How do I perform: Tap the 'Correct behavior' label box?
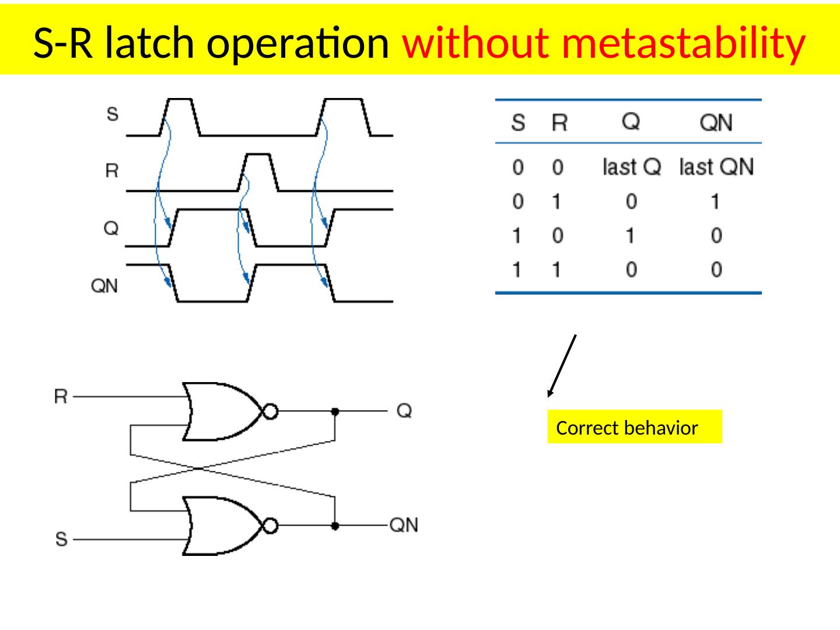point(634,428)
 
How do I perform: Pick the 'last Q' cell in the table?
point(632,168)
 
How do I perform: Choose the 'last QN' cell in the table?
point(716,168)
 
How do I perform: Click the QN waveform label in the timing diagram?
point(105,286)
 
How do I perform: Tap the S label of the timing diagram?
point(112,114)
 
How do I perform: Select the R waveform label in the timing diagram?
point(111,171)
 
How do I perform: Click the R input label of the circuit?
point(61,397)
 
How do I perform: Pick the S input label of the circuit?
point(61,538)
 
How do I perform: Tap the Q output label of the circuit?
point(404,411)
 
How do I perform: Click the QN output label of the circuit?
point(404,526)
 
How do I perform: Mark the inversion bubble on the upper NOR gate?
point(270,411)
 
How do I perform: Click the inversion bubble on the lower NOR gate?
point(270,526)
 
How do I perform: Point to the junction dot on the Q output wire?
point(335,411)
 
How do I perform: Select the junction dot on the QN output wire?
point(335,526)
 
